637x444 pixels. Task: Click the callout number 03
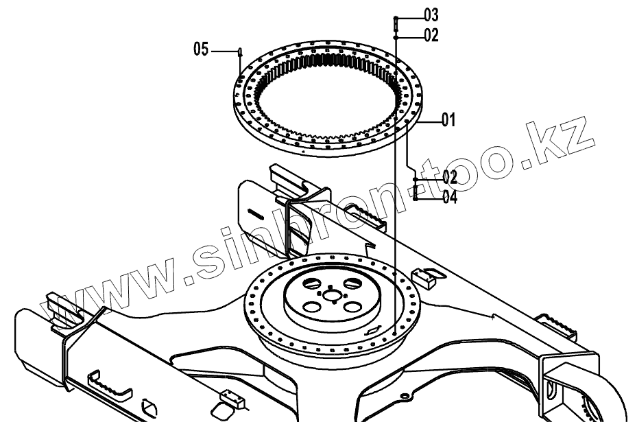tap(431, 14)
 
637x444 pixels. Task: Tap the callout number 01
tap(449, 120)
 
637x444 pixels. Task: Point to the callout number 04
tap(450, 198)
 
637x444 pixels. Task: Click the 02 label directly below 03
tap(431, 36)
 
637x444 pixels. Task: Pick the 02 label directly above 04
tap(449, 177)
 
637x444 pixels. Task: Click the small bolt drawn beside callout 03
tap(396, 23)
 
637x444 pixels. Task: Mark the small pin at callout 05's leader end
tap(239, 51)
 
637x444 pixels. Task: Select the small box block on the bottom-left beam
tap(230, 397)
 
